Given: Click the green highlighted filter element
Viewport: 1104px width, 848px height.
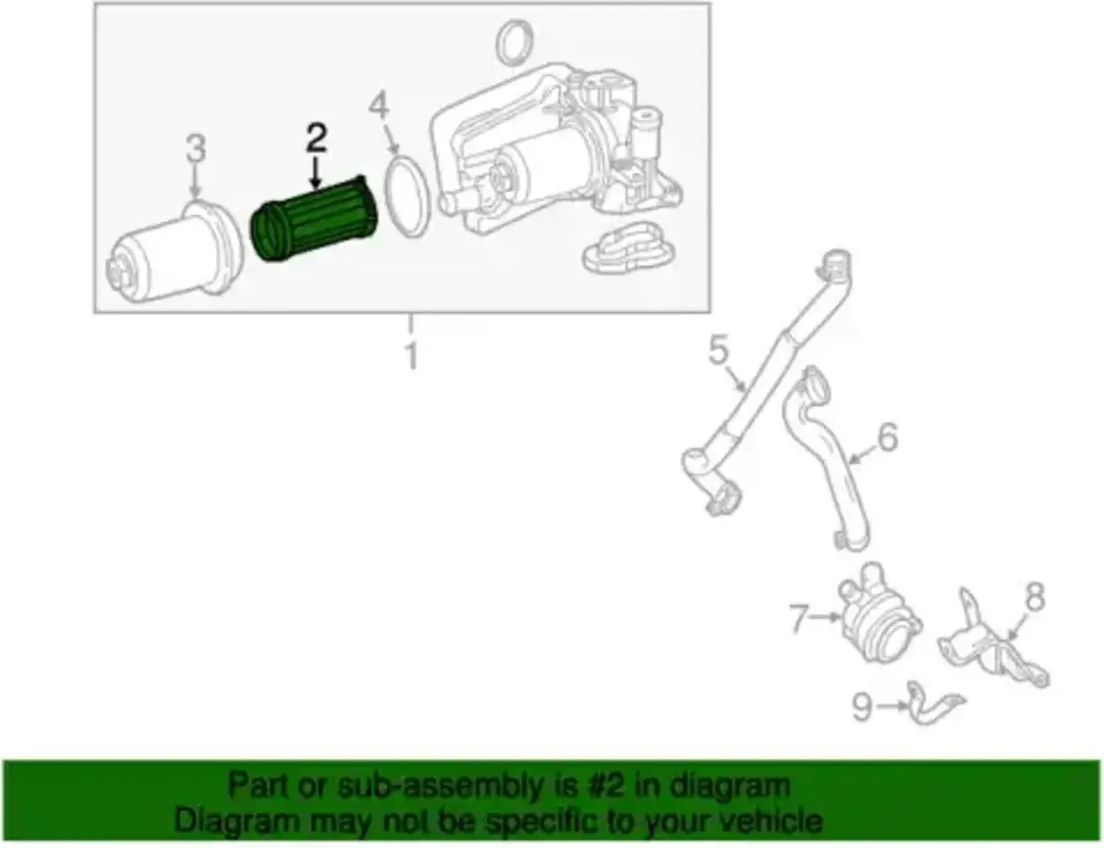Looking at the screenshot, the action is pyautogui.click(x=314, y=220).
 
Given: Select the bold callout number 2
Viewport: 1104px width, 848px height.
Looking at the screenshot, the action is pyautogui.click(x=316, y=139).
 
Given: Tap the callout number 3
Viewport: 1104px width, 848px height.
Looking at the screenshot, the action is pyautogui.click(x=196, y=149).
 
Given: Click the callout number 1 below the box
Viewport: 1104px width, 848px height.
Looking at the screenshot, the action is pyautogui.click(x=412, y=355).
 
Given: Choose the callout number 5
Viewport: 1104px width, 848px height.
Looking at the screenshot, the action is pyautogui.click(x=718, y=350).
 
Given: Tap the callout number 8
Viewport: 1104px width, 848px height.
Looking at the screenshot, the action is pyautogui.click(x=1035, y=599).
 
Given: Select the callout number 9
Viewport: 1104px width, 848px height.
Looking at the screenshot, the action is pyautogui.click(x=863, y=707).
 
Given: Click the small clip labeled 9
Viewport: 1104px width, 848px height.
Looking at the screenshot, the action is pyautogui.click(x=934, y=704).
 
